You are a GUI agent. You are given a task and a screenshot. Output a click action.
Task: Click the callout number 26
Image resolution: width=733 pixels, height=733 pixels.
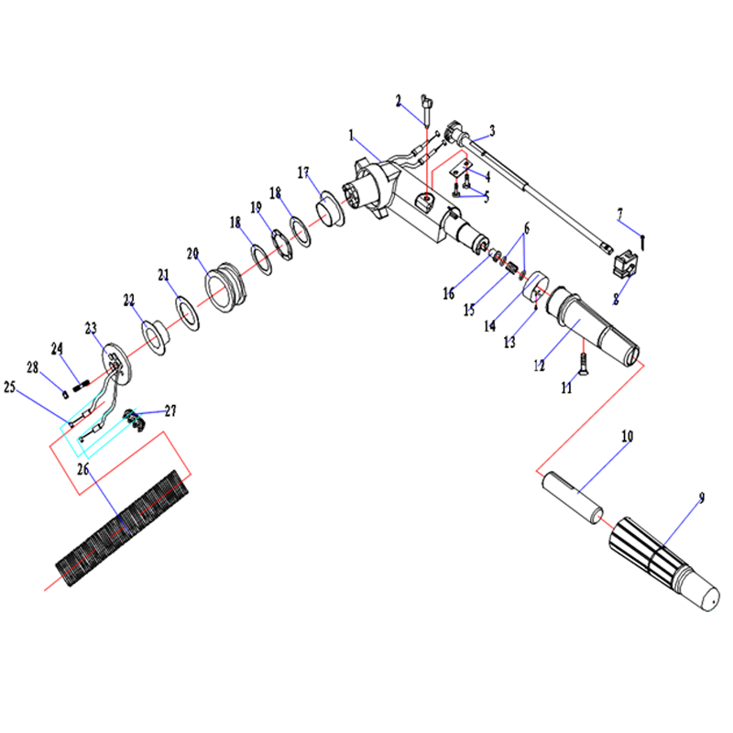(x=82, y=469)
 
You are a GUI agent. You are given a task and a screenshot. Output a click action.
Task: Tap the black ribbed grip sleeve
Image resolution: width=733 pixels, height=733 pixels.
(x=123, y=529)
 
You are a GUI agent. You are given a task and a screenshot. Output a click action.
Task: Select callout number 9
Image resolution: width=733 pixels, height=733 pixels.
(x=701, y=498)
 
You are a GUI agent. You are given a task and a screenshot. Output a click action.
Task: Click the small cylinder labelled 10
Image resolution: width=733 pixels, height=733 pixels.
(x=572, y=498)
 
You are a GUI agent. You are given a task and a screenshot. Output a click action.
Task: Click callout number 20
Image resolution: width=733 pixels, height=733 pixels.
(x=192, y=254)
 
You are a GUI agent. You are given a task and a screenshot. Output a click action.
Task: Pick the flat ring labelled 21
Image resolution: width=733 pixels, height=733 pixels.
(x=188, y=313)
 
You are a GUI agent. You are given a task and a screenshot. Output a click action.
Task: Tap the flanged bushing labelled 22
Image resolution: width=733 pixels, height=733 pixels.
(x=156, y=337)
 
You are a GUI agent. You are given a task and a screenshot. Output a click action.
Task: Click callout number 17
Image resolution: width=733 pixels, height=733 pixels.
(x=303, y=173)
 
